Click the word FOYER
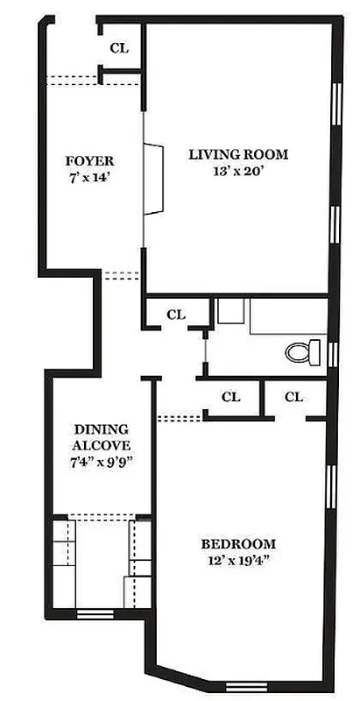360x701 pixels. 90,161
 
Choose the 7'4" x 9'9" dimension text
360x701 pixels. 101,462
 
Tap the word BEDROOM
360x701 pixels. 237,543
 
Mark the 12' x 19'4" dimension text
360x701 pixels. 237,561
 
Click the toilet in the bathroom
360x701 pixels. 303,352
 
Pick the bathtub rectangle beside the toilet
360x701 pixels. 287,317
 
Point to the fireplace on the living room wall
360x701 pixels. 154,178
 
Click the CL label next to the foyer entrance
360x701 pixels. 119,48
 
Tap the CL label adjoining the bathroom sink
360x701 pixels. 176,314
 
